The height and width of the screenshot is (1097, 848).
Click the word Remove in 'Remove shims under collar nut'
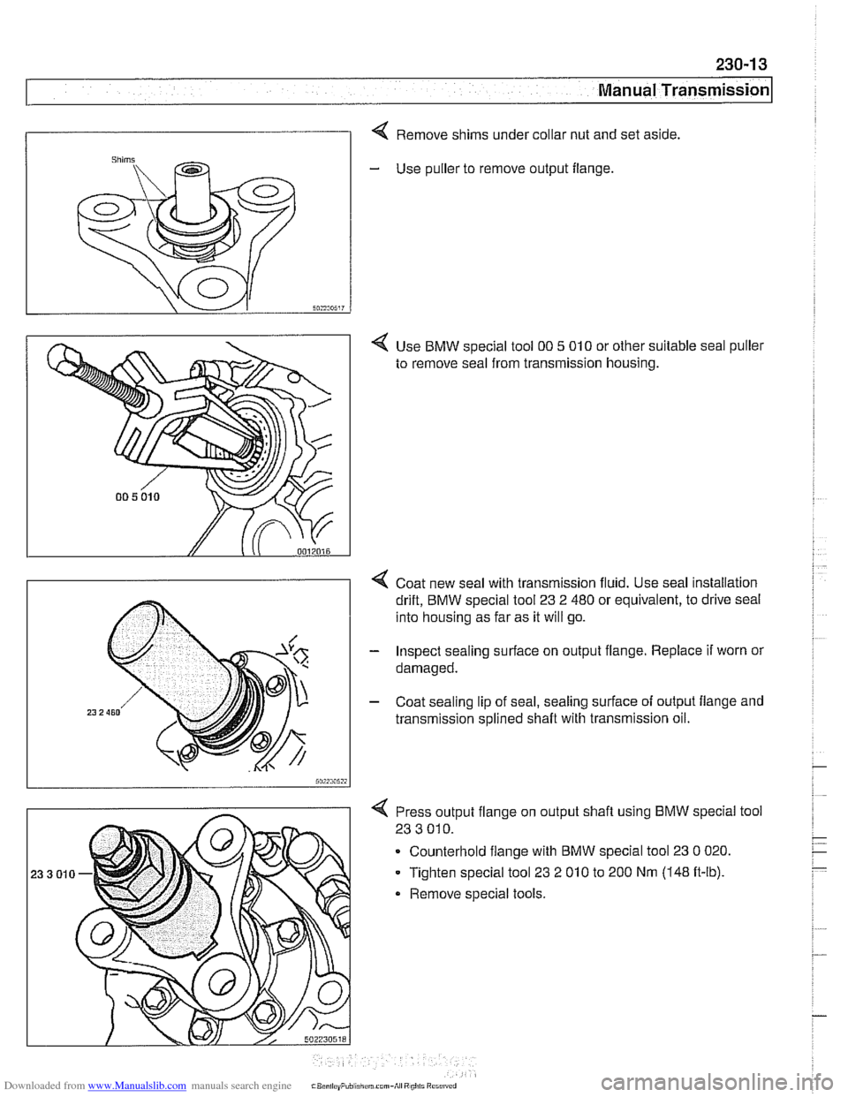pos(420,135)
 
